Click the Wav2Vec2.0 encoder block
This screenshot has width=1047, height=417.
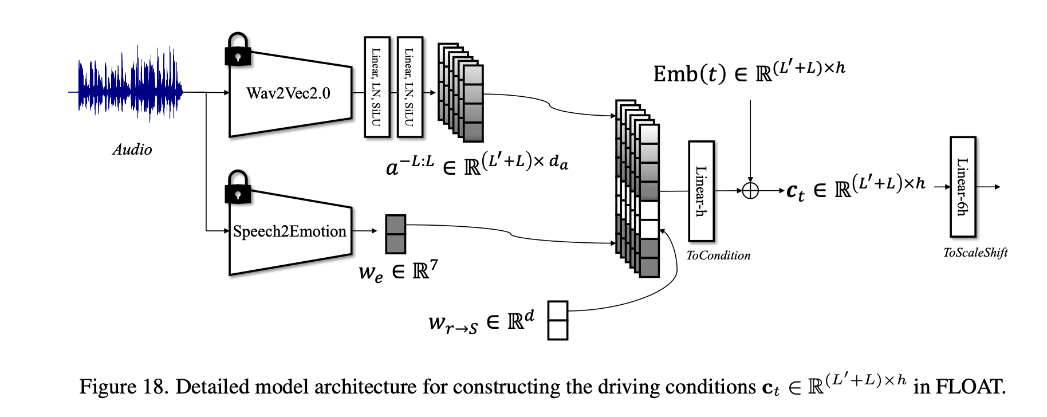[x=289, y=93]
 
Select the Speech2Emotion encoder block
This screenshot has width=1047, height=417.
[x=289, y=231]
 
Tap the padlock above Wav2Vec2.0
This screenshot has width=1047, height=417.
[x=238, y=49]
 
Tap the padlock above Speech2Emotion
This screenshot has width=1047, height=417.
[x=238, y=187]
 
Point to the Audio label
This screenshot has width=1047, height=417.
[x=132, y=150]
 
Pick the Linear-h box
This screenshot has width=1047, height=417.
[x=701, y=191]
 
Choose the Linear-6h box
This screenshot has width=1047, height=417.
[x=963, y=187]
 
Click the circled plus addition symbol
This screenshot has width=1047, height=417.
[x=750, y=191]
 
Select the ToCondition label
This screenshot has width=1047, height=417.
[x=718, y=256]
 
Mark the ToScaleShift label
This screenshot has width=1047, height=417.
[x=975, y=253]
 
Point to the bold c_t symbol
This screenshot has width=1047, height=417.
[x=796, y=191]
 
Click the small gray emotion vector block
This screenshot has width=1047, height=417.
[x=395, y=234]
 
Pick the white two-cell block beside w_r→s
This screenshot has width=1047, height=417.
[x=558, y=320]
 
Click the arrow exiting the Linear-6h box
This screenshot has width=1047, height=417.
[x=989, y=187]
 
